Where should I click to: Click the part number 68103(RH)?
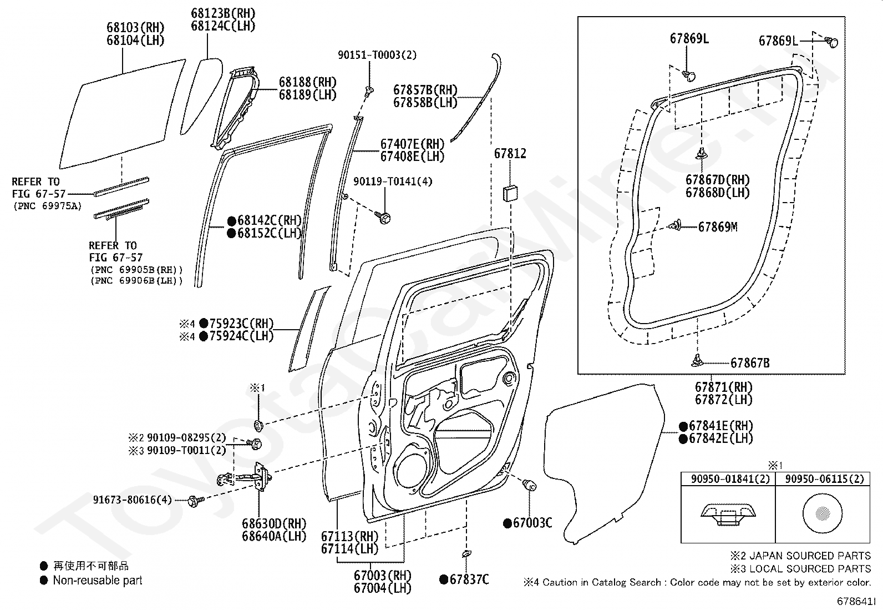(x=135, y=27)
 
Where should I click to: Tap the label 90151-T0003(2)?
(x=377, y=55)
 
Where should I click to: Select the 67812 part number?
(x=510, y=154)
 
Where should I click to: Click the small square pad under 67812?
(x=510, y=193)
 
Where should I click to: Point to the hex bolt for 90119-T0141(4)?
(x=384, y=217)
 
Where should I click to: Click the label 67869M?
(x=718, y=227)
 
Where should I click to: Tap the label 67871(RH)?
(x=724, y=387)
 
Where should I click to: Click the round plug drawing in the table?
(x=823, y=513)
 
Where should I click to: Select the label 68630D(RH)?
(x=274, y=523)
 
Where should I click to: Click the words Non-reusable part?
(x=98, y=581)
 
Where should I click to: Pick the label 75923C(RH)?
(x=241, y=324)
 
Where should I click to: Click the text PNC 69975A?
(x=47, y=206)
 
